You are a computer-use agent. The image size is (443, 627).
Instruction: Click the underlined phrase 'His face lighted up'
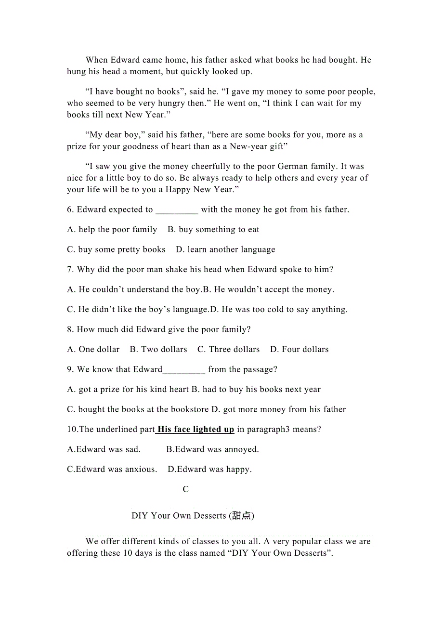coord(195,429)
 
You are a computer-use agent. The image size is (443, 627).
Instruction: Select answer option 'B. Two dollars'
coord(158,350)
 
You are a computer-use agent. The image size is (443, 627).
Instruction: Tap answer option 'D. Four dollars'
coord(299,350)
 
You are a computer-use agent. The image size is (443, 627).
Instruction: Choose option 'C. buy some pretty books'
coord(116,249)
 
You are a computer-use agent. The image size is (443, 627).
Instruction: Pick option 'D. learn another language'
coord(225,249)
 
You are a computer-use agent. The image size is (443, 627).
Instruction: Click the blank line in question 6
coord(177,210)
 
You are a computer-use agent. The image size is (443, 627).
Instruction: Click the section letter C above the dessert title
coord(186,489)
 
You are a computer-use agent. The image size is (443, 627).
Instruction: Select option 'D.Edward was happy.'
coord(209,469)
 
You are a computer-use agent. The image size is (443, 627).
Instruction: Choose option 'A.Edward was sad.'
coord(104,449)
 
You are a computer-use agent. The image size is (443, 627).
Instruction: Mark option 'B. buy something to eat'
coord(213,230)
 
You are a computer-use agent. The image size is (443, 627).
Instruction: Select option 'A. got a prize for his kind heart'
coord(128,389)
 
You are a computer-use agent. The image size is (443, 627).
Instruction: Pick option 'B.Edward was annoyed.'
coord(212,449)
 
